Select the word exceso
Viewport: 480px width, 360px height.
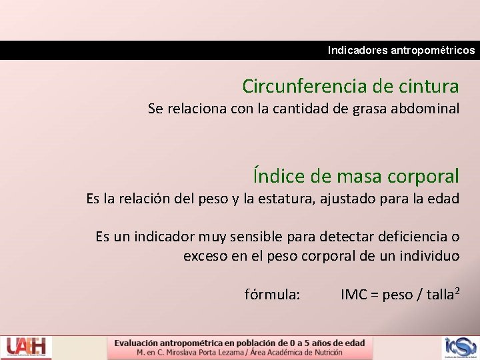pyautogui.click(x=206, y=256)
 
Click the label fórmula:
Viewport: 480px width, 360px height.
pyautogui.click(x=273, y=295)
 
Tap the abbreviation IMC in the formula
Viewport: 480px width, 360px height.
pyautogui.click(x=354, y=295)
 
